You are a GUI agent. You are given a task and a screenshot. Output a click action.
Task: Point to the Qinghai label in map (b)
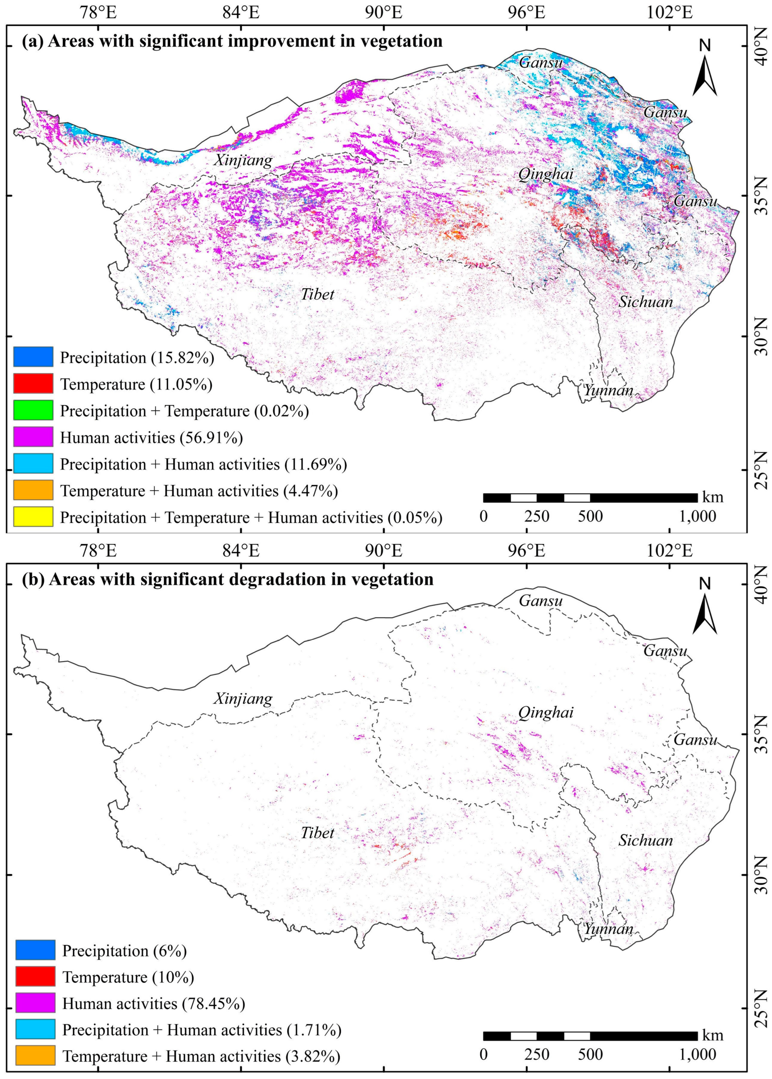pos(545,712)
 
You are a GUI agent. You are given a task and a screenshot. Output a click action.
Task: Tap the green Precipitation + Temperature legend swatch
pos(33,410)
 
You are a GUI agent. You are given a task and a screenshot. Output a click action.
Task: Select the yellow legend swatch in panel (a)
pos(33,517)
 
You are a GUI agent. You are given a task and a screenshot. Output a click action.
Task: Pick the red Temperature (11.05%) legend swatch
pos(33,384)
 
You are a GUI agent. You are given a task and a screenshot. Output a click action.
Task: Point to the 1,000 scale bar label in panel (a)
pos(697,516)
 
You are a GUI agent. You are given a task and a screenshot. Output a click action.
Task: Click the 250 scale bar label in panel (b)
pos(537,1055)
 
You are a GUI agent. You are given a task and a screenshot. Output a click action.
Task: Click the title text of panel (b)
pos(228,579)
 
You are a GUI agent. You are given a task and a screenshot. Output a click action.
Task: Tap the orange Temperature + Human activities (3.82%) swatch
pos(35,1057)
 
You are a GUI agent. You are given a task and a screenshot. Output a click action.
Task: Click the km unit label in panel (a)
pos(713,497)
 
